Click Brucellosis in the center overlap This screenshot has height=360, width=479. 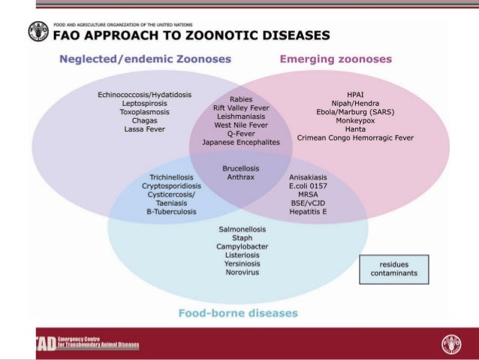(241, 168)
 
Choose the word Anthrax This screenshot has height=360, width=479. (241, 177)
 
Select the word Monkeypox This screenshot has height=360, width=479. (357, 120)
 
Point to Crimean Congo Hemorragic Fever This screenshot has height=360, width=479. (357, 138)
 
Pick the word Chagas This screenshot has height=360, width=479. (144, 120)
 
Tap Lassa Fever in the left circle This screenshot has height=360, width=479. (144, 129)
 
